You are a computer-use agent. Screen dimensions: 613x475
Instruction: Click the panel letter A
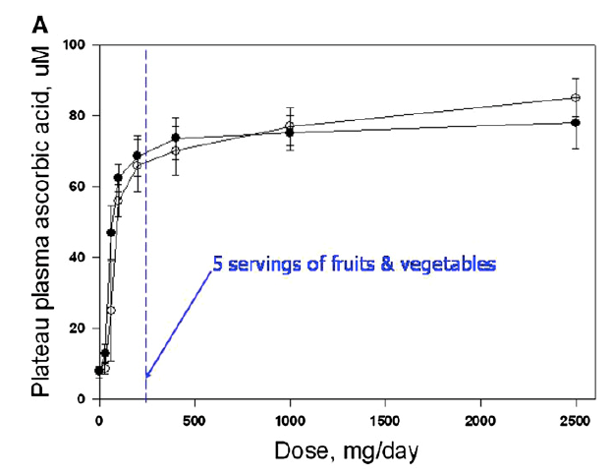(x=40, y=26)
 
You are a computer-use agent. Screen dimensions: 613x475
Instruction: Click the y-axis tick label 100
(x=76, y=45)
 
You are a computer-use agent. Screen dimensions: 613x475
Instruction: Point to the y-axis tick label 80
(x=80, y=116)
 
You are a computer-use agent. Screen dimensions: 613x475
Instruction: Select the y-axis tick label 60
(x=80, y=187)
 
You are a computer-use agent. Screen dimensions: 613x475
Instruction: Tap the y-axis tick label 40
(x=80, y=258)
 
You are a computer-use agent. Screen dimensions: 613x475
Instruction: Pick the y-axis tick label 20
(x=80, y=328)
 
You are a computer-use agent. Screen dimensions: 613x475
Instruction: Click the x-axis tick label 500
(x=195, y=421)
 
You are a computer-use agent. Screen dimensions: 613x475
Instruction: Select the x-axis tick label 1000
(x=290, y=421)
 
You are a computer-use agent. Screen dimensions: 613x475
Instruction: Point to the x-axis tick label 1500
(x=385, y=421)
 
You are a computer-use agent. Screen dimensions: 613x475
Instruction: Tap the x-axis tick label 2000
(x=480, y=421)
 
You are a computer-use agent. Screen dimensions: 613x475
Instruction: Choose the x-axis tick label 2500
(x=576, y=421)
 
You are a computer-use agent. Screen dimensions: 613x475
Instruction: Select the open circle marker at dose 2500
(x=576, y=97)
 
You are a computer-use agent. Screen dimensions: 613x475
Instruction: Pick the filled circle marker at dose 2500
(x=576, y=123)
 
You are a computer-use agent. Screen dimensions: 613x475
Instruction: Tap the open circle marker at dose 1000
(x=290, y=126)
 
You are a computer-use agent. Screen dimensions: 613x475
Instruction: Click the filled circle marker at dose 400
(x=176, y=138)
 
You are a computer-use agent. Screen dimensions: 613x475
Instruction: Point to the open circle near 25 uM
(x=111, y=311)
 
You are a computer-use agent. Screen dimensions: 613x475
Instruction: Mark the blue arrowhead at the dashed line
(x=147, y=375)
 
